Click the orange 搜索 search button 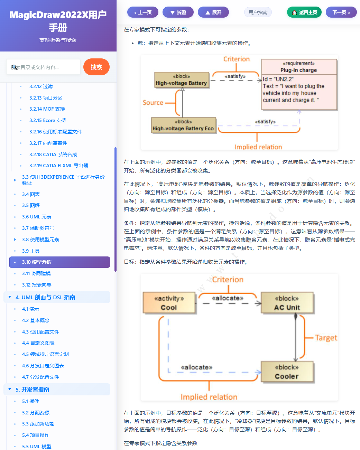(96, 67)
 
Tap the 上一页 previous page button (142, 12)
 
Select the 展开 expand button (213, 12)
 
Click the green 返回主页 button (304, 12)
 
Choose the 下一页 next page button (341, 12)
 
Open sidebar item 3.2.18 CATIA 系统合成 (53, 154)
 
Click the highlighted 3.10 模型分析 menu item (59, 262)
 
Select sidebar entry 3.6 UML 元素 (37, 217)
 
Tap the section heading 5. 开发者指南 (32, 390)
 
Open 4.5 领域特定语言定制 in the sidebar (45, 354)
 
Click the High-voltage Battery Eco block (183, 125)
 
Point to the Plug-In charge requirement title (298, 70)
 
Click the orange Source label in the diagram (153, 103)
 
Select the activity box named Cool (169, 303)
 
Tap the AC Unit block (287, 303)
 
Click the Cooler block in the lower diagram (287, 372)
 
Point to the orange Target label (326, 338)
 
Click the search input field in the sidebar (43, 67)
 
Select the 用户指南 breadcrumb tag (258, 12)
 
